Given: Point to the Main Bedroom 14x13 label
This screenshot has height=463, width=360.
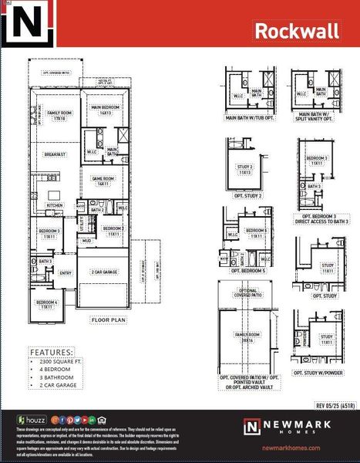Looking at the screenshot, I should coord(106,110).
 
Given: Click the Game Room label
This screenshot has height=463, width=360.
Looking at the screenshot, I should coord(105,183).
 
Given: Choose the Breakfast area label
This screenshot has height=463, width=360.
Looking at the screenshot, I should coord(55,154).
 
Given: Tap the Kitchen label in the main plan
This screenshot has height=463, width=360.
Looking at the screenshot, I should coord(55,205).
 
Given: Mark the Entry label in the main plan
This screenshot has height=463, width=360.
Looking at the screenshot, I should coord(66,272).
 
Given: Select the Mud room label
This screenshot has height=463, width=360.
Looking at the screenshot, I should coord(87,241).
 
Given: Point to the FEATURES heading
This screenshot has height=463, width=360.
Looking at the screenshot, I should coord(51,352).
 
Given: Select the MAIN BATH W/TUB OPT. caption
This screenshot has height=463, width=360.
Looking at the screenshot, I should coord(251,118).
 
